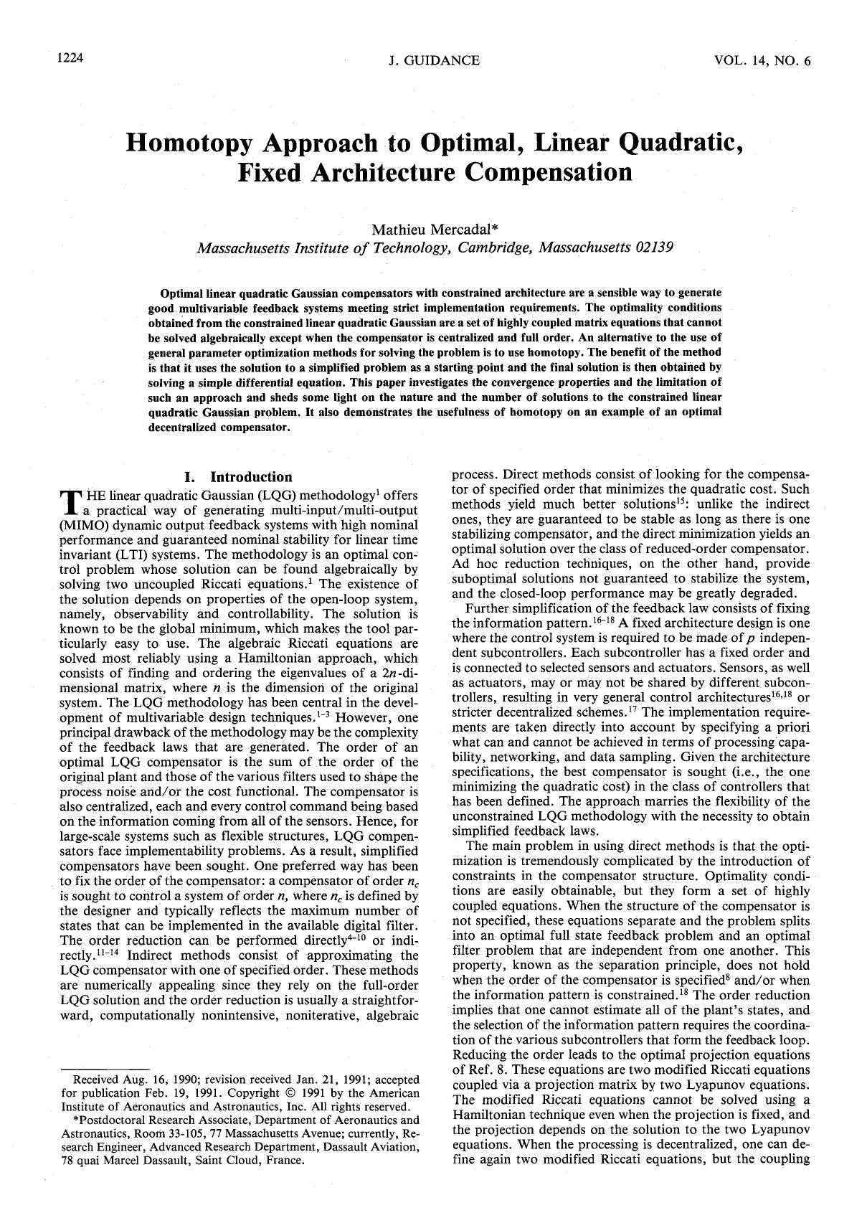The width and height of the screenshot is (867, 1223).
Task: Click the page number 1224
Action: (71, 60)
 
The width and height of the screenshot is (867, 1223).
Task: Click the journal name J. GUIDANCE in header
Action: (433, 60)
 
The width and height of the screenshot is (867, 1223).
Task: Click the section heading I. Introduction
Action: (238, 477)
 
